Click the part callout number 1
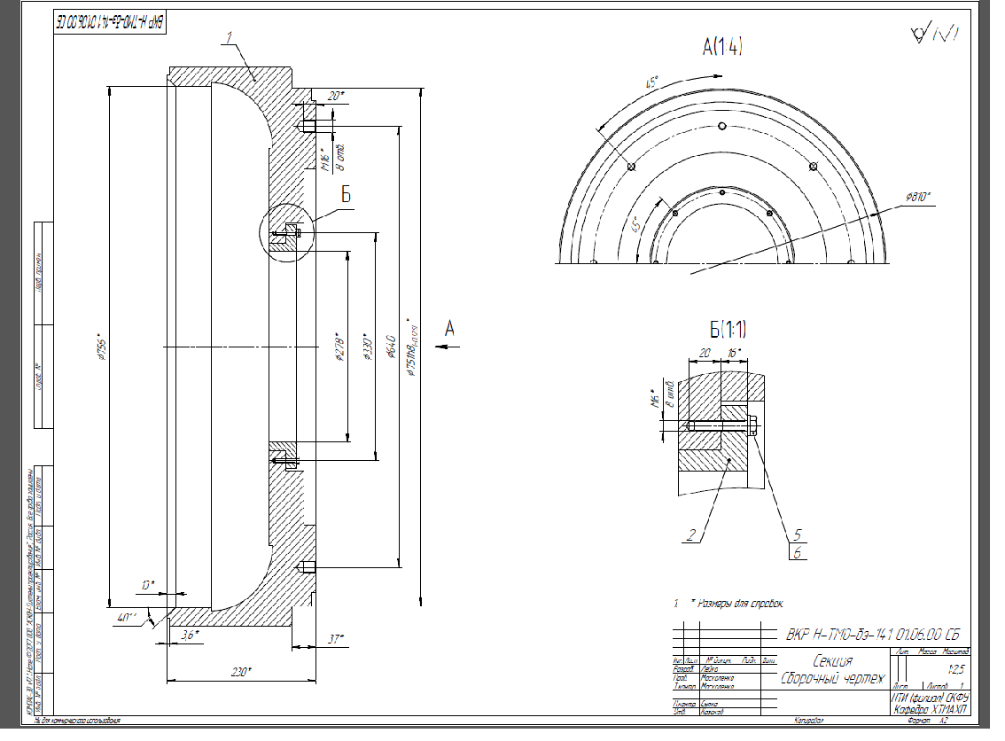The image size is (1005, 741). tap(229, 38)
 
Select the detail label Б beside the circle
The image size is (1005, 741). tap(347, 194)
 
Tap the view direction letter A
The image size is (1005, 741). tap(449, 329)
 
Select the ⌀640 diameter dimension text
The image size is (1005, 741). tap(391, 347)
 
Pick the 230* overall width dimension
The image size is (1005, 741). tap(239, 673)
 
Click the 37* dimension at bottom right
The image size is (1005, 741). tap(334, 638)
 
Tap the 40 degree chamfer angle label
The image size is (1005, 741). tap(127, 618)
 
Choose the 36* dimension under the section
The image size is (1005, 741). tap(188, 634)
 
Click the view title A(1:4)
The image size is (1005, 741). tap(721, 47)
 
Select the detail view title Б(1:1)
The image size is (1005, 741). tap(728, 331)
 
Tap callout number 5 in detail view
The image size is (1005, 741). tap(798, 534)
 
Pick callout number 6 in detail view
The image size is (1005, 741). tap(798, 552)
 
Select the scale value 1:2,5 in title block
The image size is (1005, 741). tap(956, 669)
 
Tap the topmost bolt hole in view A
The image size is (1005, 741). tap(723, 125)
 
